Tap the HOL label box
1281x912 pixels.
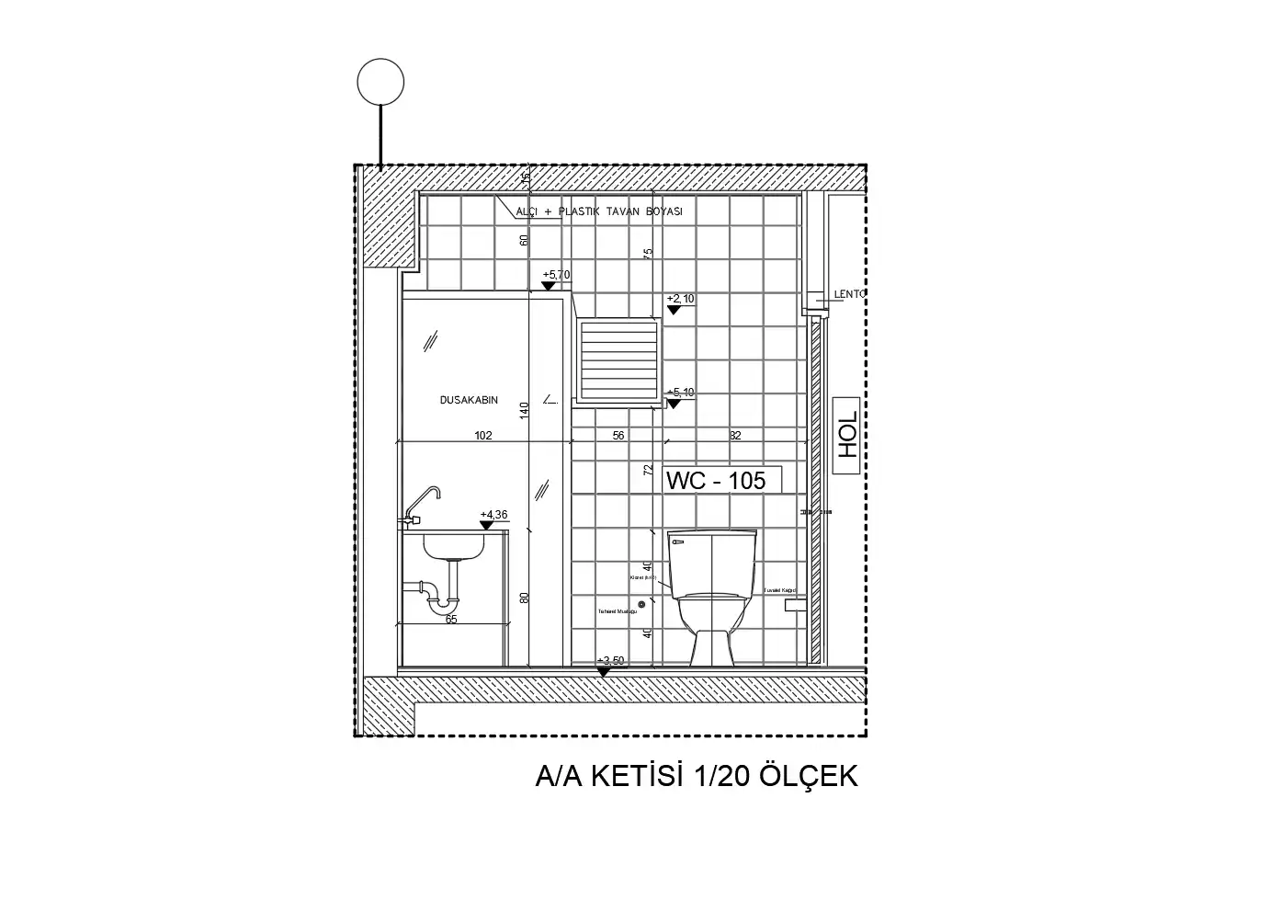coord(846,436)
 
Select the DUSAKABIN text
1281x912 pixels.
coord(469,400)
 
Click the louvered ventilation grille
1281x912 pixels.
coord(618,359)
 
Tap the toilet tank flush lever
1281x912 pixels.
coord(678,543)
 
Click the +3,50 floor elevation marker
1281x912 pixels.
coord(608,662)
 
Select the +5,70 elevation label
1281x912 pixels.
coord(556,275)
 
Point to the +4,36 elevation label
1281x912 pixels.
coord(493,515)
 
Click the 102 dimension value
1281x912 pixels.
coord(483,436)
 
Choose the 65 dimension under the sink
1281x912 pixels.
coord(451,620)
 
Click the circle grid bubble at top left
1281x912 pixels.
coord(380,82)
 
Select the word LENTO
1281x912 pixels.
coord(849,294)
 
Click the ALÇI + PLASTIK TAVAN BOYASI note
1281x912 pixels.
coord(599,212)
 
